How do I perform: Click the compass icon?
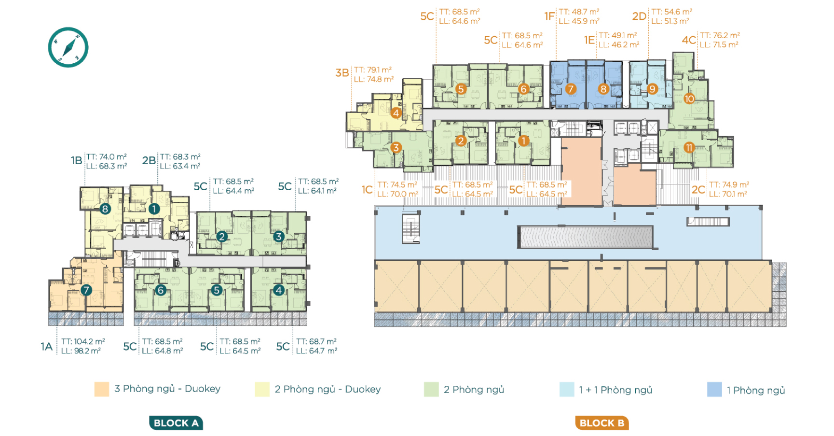pos(68,47)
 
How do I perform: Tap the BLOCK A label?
pos(176,423)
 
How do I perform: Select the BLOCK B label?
pos(602,423)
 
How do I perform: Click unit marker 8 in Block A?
pos(105,209)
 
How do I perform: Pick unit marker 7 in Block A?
pos(86,290)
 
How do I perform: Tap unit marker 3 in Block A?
pos(278,237)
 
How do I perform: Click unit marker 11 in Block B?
pos(689,148)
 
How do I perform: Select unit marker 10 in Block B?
pos(689,99)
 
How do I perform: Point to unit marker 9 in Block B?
pos(652,89)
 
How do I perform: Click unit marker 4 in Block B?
pos(396,113)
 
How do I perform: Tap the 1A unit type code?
pos(47,347)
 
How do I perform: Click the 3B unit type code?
pos(342,73)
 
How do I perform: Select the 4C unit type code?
pos(689,40)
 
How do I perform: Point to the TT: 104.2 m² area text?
pos(83,341)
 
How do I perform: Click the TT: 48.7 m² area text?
pos(579,12)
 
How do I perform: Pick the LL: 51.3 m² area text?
pos(670,21)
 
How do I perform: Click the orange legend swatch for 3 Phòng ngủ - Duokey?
pos(102,389)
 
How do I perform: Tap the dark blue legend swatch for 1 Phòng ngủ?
pos(714,390)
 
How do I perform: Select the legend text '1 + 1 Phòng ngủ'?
pos(615,390)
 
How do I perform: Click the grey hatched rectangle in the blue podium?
pos(585,237)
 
